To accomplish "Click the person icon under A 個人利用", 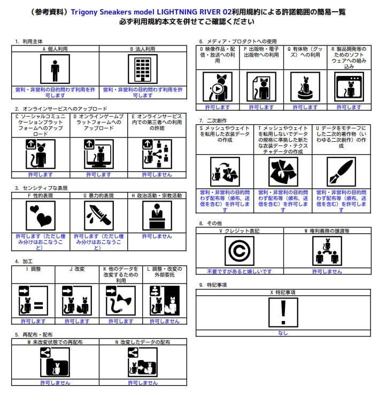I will point(55,70).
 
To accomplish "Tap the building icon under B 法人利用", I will point(143,70).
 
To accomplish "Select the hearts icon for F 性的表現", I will point(41,217).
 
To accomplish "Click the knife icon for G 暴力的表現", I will point(99,217).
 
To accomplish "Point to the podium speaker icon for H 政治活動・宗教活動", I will point(157,217).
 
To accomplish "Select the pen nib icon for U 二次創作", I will point(341,172).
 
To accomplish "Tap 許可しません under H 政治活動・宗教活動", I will point(157,236).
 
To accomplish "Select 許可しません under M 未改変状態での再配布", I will point(55,383).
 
